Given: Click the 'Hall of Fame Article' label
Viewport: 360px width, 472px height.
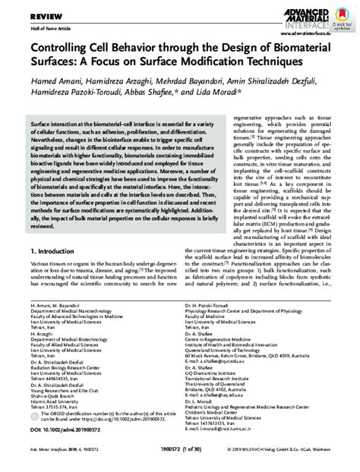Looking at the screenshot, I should pos(27,27).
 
